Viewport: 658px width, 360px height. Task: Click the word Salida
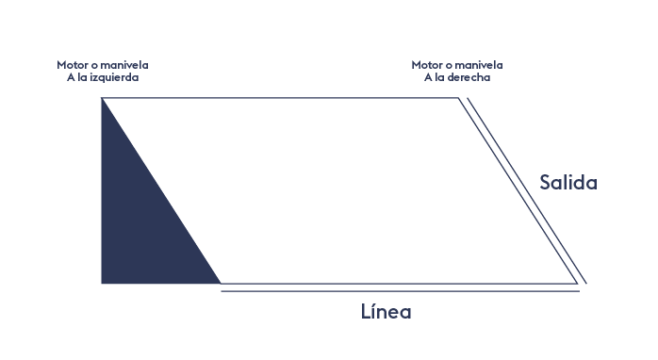point(568,183)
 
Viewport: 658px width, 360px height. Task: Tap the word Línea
point(387,311)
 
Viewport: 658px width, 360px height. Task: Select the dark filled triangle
point(141,210)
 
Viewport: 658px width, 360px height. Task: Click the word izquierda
point(114,77)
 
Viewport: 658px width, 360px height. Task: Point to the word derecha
point(469,77)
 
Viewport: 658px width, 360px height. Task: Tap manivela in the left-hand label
point(124,65)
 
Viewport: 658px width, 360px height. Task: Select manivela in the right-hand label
point(479,65)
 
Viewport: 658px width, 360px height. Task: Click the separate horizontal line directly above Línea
point(401,291)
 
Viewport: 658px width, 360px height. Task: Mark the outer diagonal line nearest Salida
point(527,190)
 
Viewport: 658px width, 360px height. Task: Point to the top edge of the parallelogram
point(280,98)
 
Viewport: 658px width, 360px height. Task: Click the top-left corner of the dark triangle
point(102,98)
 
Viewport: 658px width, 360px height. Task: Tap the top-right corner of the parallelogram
point(459,98)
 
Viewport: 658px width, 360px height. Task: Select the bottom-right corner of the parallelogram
point(578,284)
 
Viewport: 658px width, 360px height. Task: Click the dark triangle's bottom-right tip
point(221,284)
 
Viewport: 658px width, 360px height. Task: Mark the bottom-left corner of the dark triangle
point(102,284)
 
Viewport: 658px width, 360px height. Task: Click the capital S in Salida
point(545,183)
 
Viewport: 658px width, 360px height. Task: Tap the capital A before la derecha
point(428,77)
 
